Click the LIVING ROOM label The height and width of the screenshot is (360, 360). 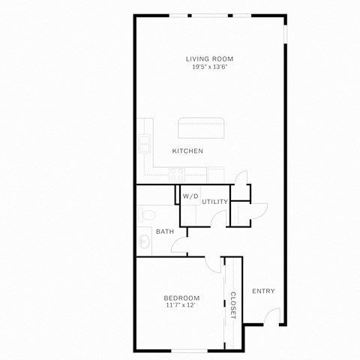point(210,58)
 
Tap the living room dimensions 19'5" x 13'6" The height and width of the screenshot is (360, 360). point(210,67)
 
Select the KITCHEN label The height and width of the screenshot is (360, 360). point(187,151)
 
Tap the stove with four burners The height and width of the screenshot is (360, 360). point(178,173)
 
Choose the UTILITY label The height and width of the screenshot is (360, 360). point(214,202)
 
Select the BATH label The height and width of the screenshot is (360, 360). point(165,231)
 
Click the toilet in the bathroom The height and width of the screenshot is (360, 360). point(145,215)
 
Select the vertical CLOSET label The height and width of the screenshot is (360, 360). point(233,305)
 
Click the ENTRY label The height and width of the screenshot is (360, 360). point(263,291)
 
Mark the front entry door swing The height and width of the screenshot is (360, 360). point(274,316)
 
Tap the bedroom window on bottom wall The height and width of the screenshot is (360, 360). point(180,350)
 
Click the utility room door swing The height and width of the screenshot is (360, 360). point(217,218)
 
